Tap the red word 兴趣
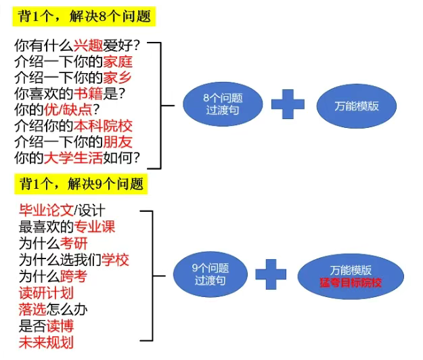pyautogui.click(x=87, y=47)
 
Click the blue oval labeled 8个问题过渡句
pyautogui.click(x=223, y=104)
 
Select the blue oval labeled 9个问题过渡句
pyautogui.click(x=210, y=273)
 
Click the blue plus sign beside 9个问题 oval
pyautogui.click(x=271, y=274)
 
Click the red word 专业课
pyautogui.click(x=95, y=227)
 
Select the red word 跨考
pyautogui.click(x=74, y=277)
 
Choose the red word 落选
pyautogui.click(x=32, y=309)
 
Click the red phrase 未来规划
pyautogui.click(x=46, y=342)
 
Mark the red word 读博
pyautogui.click(x=60, y=325)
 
